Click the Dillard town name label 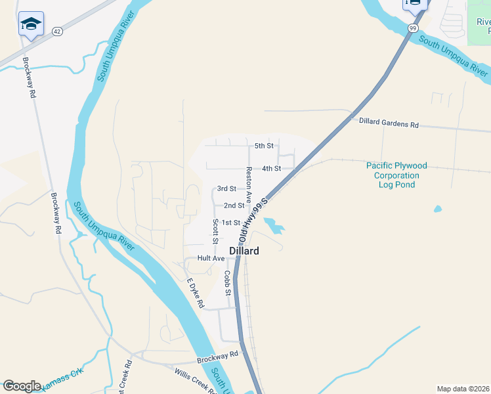(244, 251)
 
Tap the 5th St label (263, 145)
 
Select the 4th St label (271, 169)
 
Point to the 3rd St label (226, 188)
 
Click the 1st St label (230, 223)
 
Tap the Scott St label (215, 229)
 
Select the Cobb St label (228, 282)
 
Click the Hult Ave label (211, 259)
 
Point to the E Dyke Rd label (196, 294)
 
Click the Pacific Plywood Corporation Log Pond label (396, 175)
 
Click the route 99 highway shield (412, 28)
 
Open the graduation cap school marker (30, 24)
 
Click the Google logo (22, 385)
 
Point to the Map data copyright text (463, 389)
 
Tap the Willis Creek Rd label (196, 382)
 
